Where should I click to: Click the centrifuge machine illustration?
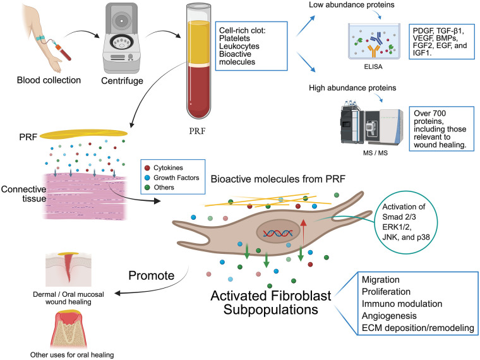(x=121, y=38)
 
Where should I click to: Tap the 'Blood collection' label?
(x=49, y=80)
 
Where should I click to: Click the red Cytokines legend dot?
(x=147, y=168)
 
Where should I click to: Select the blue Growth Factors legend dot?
(x=147, y=177)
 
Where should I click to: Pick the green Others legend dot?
(x=147, y=188)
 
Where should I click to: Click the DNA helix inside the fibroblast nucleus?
(x=278, y=233)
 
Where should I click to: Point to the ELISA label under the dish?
(x=373, y=67)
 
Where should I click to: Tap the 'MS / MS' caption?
(x=375, y=153)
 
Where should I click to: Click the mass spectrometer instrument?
(x=371, y=123)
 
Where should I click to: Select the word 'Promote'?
(x=151, y=275)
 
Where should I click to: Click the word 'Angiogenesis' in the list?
(x=389, y=316)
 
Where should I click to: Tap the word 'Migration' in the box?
(x=380, y=280)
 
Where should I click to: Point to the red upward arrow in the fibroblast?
(x=303, y=232)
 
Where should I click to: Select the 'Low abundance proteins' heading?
(x=351, y=5)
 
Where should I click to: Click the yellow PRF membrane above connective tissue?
(x=83, y=134)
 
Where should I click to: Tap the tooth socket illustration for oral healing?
(x=68, y=330)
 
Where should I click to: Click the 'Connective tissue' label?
(x=24, y=194)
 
